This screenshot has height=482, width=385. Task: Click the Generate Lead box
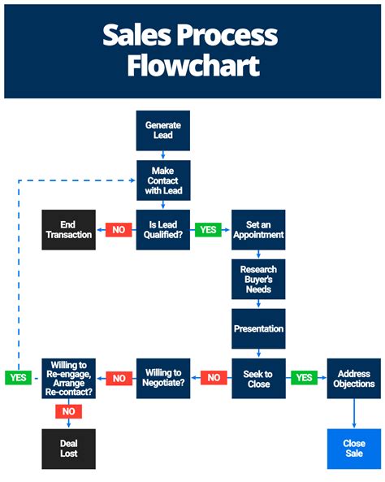pos(162,131)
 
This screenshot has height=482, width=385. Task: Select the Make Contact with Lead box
pos(162,180)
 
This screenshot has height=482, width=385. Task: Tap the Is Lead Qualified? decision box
pos(162,229)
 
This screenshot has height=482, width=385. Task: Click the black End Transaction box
pos(69,229)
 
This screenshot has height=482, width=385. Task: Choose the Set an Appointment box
pos(258,229)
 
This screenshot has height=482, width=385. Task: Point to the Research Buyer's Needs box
pos(258,280)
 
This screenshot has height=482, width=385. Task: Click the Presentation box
pos(258,329)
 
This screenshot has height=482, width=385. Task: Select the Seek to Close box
pos(258,379)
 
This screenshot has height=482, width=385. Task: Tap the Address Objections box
pos(353,379)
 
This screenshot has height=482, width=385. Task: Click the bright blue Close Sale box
pos(353,449)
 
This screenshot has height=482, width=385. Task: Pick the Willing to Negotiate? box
pos(162,379)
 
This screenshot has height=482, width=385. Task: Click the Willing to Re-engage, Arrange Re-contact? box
pos(69,379)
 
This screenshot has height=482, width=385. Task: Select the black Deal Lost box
pos(69,449)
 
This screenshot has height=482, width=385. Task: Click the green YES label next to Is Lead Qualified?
pos(209,230)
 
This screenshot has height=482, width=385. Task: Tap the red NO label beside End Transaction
pos(119,230)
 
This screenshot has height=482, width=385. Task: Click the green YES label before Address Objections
pos(304,378)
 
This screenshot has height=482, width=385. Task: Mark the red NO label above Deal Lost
pos(69,411)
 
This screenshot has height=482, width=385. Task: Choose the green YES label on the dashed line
pos(18,378)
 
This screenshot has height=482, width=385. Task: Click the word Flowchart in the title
pos(192,65)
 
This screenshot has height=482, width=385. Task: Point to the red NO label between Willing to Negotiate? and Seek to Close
pos(213,378)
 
